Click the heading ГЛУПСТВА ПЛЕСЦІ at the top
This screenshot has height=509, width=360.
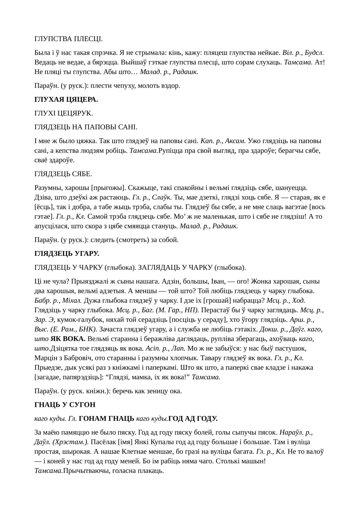pyautogui.click(x=68, y=39)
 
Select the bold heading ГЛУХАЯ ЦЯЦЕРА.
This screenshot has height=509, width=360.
pyautogui.click(x=66, y=99)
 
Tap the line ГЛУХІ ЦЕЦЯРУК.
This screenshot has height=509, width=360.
pyautogui.click(x=63, y=113)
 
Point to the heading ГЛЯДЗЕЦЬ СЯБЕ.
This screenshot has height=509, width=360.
pyautogui.click(x=63, y=174)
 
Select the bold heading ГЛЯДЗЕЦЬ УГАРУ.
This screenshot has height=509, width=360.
pyautogui.click(x=67, y=254)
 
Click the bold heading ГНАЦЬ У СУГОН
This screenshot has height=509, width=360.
pyautogui.click(x=65, y=405)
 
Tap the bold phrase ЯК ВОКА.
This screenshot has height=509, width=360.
pyautogui.click(x=68, y=339)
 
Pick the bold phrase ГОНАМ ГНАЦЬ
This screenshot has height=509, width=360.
pyautogui.click(x=106, y=418)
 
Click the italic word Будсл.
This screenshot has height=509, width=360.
pyautogui.click(x=314, y=53)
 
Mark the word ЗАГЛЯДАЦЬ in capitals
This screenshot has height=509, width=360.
pyautogui.click(x=157, y=267)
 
